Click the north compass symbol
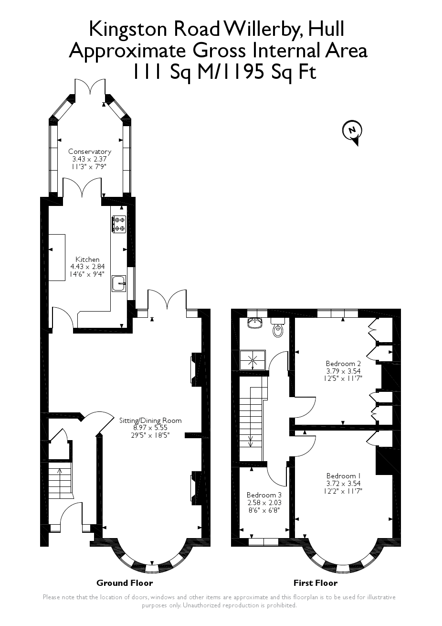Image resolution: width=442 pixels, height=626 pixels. (352, 130)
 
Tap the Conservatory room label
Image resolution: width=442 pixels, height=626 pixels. (89, 151)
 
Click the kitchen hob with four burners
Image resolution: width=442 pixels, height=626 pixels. (119, 225)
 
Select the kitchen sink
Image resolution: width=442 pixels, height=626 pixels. (118, 283)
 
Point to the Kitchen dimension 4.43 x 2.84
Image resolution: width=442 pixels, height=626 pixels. (88, 267)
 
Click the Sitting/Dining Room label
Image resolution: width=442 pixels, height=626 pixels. (150, 421)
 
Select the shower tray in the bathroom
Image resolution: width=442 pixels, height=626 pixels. (252, 360)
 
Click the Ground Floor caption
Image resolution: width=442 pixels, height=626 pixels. (125, 583)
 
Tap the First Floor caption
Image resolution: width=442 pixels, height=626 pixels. (315, 583)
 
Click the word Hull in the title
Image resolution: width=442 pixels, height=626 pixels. (326, 29)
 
